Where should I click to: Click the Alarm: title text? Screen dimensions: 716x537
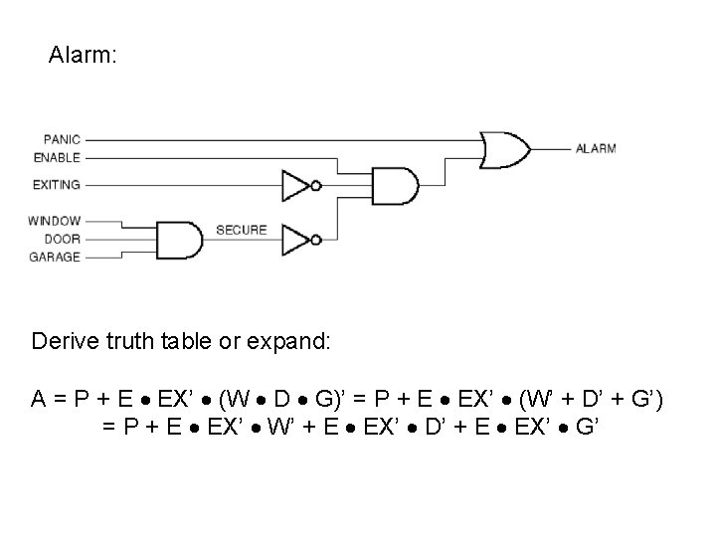point(84,57)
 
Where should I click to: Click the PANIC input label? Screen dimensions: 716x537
point(63,139)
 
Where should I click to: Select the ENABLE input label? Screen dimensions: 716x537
point(58,157)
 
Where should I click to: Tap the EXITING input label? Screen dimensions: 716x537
point(58,184)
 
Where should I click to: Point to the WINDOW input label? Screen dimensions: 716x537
point(56,221)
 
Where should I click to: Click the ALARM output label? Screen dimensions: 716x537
point(596,149)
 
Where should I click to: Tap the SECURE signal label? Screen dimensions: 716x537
point(242,230)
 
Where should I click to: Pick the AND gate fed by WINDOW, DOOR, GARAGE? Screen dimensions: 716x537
point(178,239)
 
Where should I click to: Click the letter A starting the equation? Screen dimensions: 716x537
point(38,400)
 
